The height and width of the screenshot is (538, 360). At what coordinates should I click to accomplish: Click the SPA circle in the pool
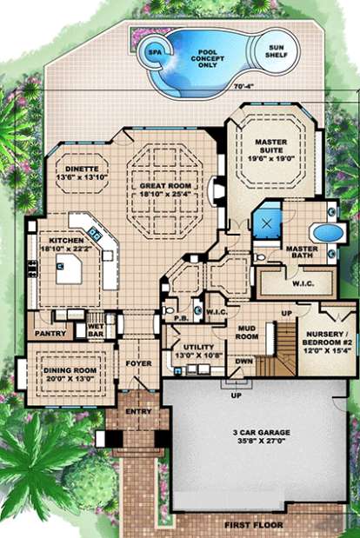coord(156,50)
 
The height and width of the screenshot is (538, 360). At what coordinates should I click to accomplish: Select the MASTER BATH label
coord(300,253)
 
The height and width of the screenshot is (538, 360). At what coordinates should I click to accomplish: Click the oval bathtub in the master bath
coord(323,233)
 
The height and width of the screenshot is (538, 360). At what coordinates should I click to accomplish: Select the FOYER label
coord(139,363)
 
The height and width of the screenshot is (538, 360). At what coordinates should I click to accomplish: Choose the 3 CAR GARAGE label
coord(262,436)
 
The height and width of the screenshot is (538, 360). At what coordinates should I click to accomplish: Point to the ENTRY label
coord(139,413)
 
